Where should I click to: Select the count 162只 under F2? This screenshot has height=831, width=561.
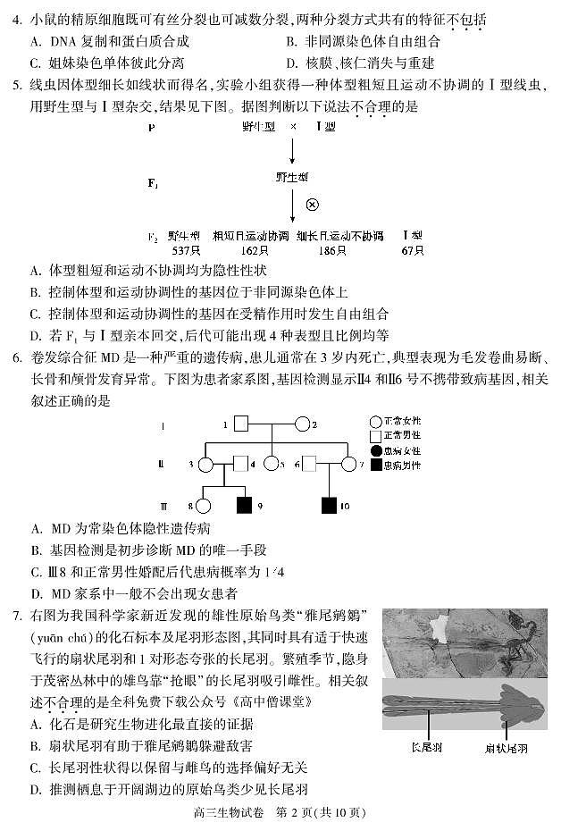point(252,250)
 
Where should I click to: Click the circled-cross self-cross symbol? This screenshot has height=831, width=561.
point(313,204)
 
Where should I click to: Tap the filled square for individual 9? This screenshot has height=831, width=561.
point(243,506)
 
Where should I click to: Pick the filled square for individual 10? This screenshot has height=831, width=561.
point(329,506)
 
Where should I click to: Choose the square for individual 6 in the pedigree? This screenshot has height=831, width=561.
point(310,464)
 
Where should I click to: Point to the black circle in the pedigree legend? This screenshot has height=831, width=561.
point(376,450)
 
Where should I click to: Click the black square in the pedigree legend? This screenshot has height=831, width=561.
point(376,465)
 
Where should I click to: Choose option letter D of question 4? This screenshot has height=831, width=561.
point(292,63)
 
